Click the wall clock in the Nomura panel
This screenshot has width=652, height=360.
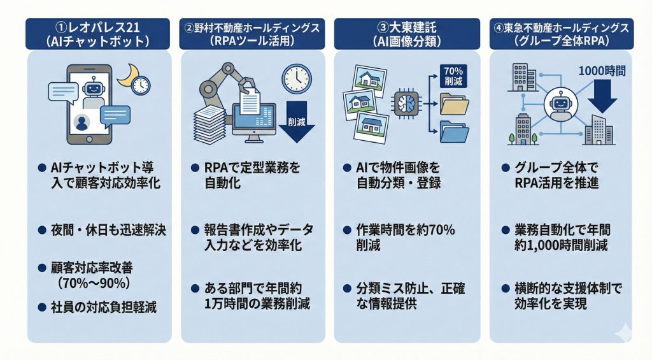tap(295, 78)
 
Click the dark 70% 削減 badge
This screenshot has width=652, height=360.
tap(453, 76)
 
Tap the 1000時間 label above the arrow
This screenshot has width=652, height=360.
tap(602, 71)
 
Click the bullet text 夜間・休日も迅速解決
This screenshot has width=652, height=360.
tap(108, 230)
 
